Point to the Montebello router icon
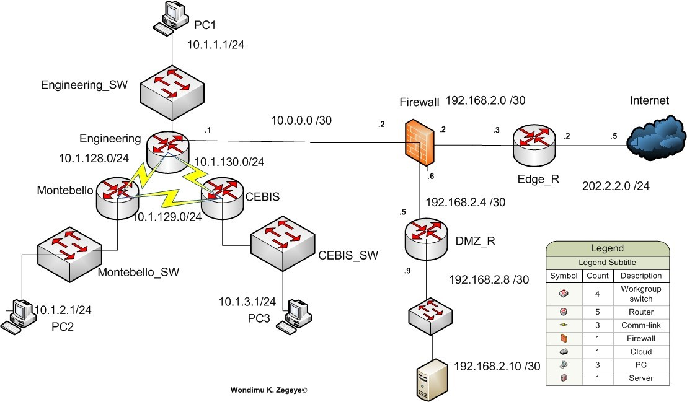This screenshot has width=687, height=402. (x=117, y=197)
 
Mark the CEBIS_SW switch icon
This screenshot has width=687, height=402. (x=283, y=243)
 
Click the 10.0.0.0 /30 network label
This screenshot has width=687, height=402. (x=301, y=120)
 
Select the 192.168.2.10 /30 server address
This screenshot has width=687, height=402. (x=497, y=366)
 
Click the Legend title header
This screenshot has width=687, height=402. (x=607, y=248)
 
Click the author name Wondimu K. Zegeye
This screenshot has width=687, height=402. (x=269, y=390)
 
